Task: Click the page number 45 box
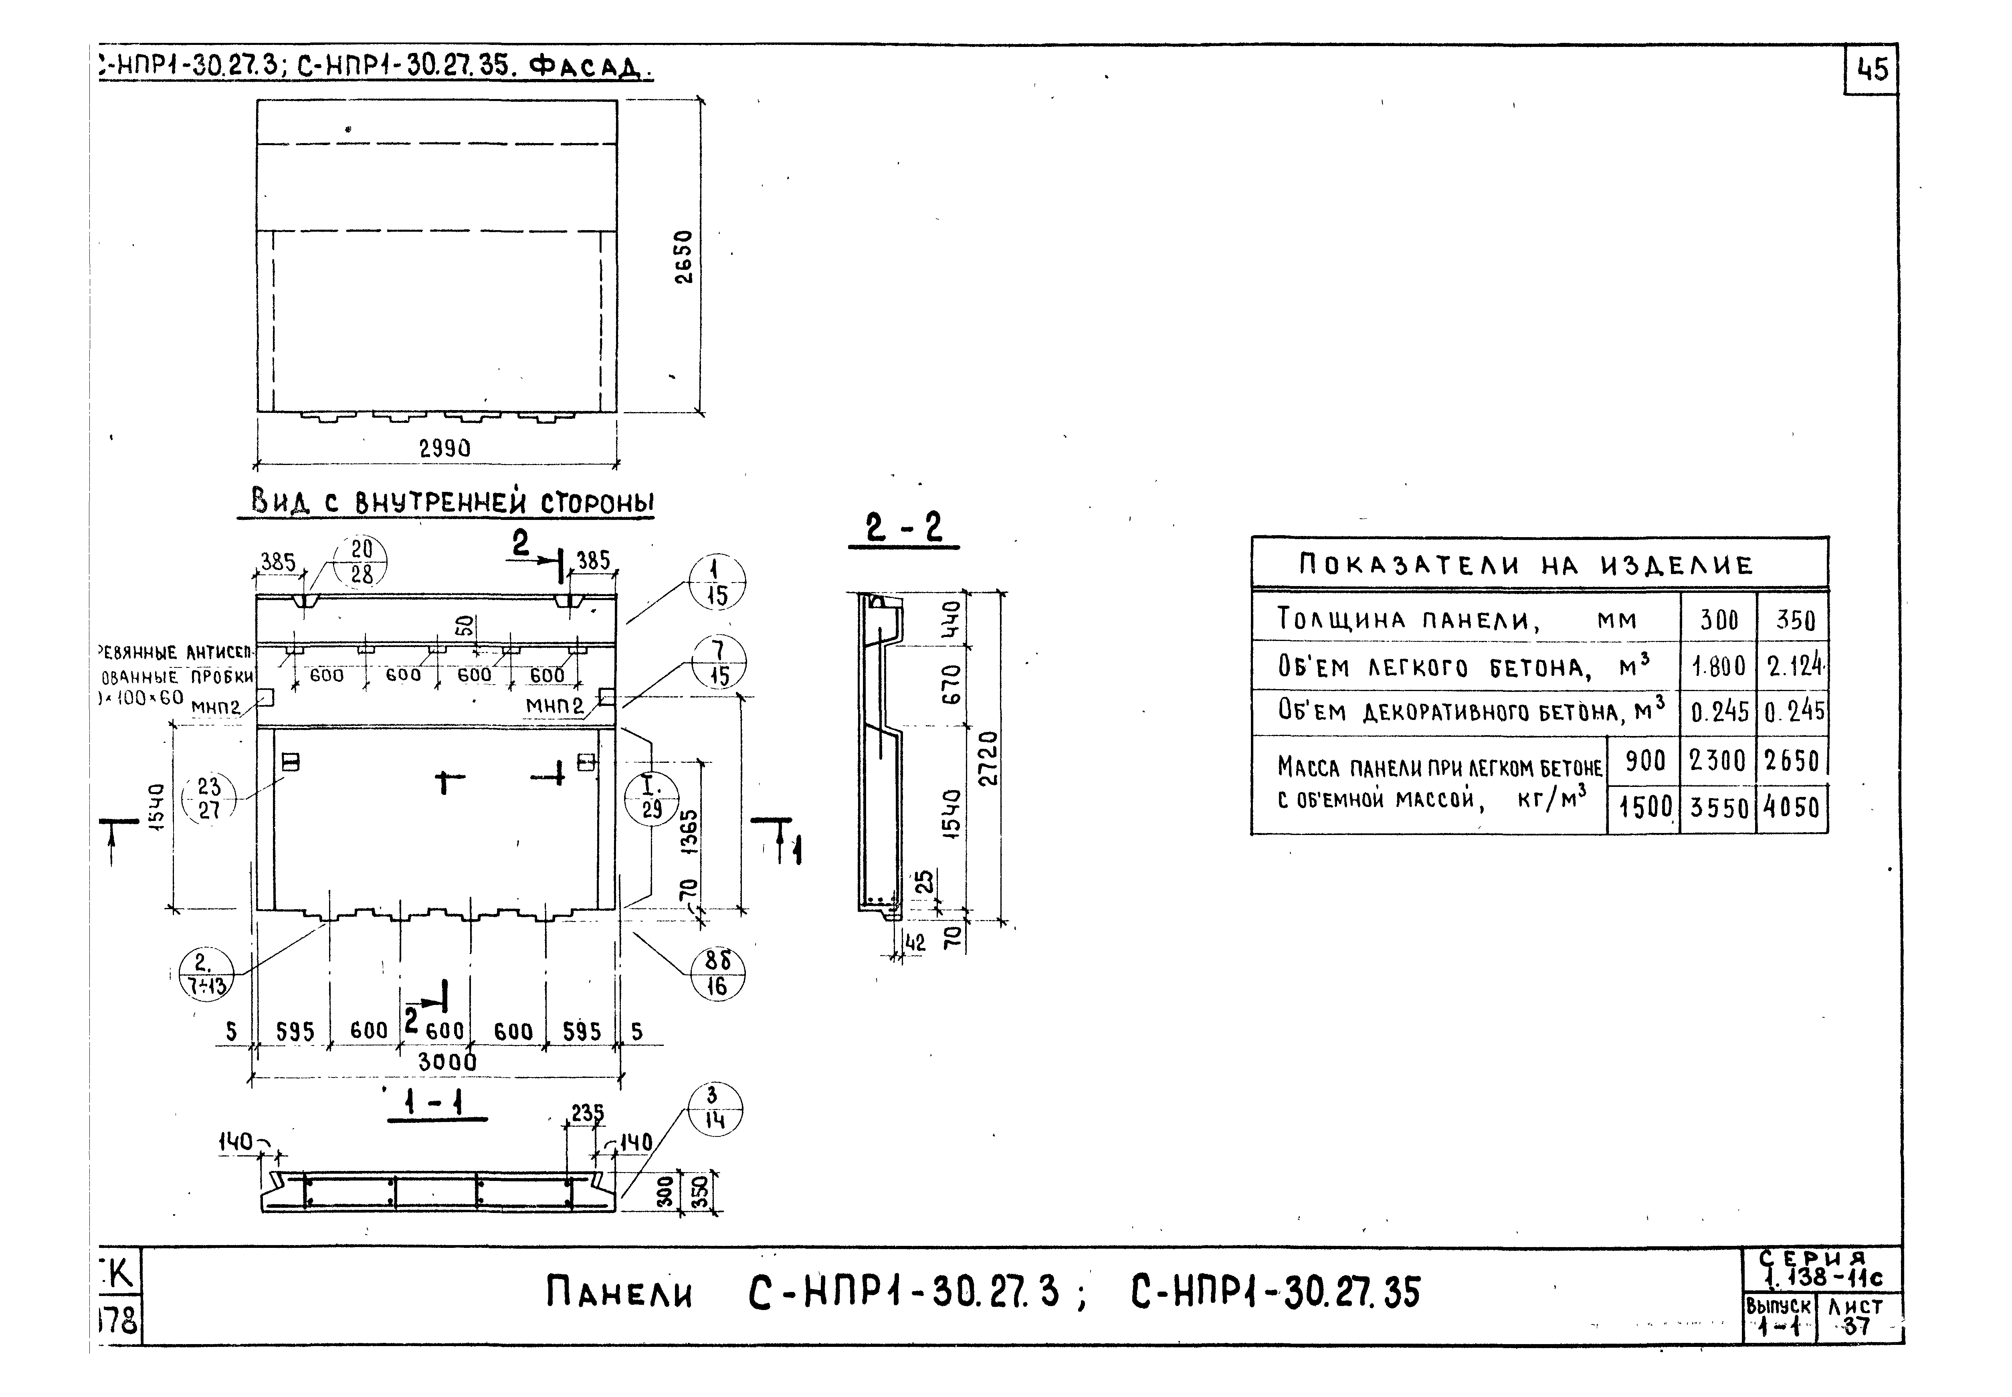[x=1871, y=69]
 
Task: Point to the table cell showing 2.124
[x=1794, y=667]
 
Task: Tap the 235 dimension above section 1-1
[x=586, y=1112]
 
